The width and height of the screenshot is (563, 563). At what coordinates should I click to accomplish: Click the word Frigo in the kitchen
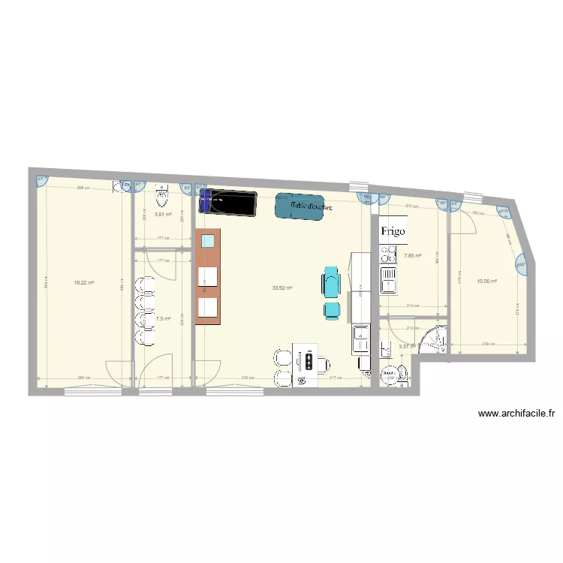[393, 231]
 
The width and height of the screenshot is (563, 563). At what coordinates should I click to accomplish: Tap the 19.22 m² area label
[84, 282]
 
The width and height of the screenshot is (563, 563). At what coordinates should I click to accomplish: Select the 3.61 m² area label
[163, 214]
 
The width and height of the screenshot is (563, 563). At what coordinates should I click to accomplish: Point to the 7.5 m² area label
[163, 318]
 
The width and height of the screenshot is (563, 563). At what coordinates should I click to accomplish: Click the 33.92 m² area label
[282, 288]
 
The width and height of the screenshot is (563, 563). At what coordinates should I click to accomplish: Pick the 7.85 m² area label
[412, 256]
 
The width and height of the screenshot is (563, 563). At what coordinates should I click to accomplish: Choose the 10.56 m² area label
[487, 281]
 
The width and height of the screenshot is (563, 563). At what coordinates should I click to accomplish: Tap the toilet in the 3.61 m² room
[161, 197]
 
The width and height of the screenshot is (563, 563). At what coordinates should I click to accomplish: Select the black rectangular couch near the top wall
[228, 203]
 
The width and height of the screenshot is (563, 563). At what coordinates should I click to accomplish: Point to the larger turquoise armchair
[331, 283]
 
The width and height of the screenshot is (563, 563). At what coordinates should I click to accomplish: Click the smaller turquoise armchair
[331, 309]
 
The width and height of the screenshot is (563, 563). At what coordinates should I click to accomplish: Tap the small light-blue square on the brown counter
[208, 241]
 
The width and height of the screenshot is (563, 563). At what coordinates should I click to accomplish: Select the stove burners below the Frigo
[388, 258]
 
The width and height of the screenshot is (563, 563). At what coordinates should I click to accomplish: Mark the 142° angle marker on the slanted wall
[520, 263]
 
